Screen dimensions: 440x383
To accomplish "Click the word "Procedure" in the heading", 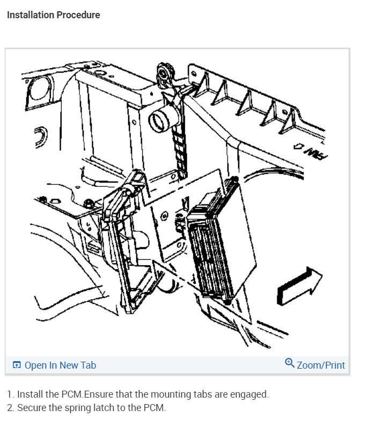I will click(78, 15).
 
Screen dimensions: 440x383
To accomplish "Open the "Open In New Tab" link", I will click(60, 365).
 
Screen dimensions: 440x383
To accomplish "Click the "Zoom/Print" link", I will click(321, 365).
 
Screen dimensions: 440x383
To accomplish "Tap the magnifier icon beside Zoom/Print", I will click(290, 364).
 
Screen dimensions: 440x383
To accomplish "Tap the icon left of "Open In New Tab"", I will click(17, 365).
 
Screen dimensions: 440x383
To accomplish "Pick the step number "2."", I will click(11, 408).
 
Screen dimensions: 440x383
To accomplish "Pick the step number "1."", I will click(11, 394).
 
